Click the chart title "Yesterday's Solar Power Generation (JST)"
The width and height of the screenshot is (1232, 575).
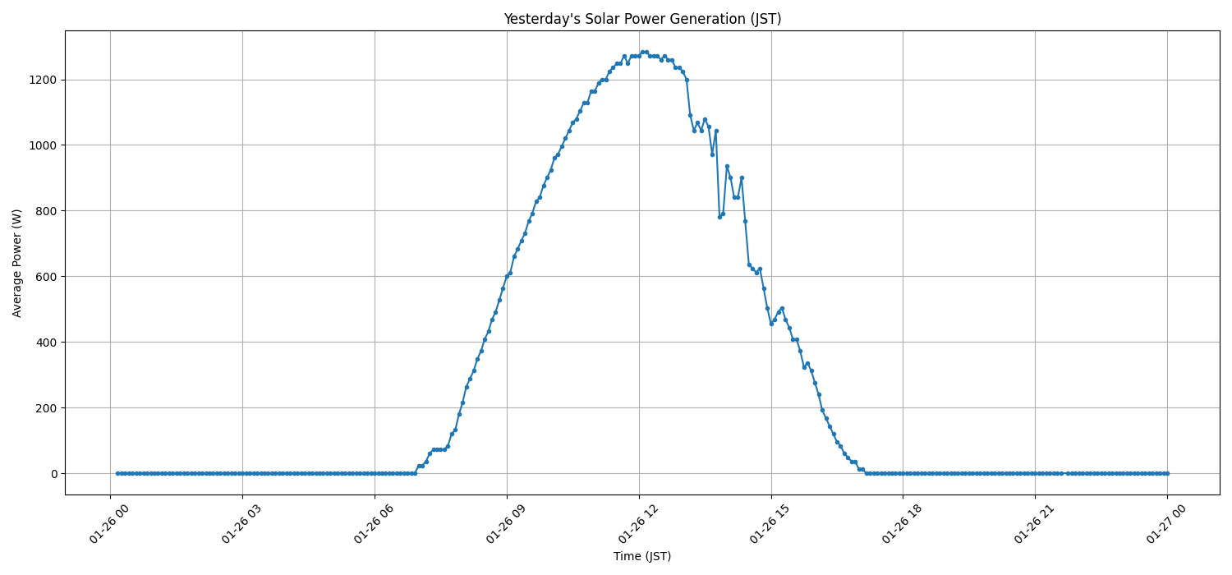(x=642, y=19)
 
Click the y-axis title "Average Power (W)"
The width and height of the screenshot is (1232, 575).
(x=17, y=263)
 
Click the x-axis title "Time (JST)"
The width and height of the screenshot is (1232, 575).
(x=642, y=556)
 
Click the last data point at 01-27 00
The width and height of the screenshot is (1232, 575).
(x=1167, y=473)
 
